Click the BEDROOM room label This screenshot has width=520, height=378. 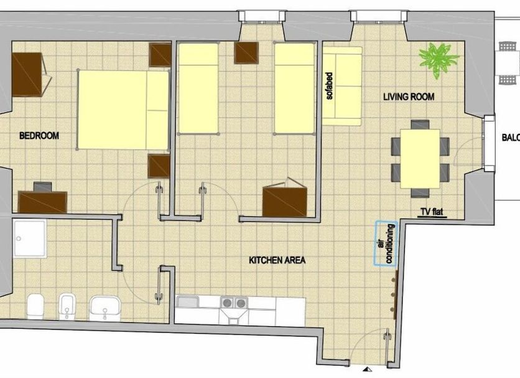(39, 136)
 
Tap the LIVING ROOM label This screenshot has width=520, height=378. (409, 97)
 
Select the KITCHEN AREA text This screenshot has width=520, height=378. (277, 260)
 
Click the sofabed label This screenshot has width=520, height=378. (329, 86)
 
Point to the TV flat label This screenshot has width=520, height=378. (432, 212)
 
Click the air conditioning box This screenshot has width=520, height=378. (386, 243)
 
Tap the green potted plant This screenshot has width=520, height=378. (439, 59)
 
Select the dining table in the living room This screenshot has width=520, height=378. (420, 159)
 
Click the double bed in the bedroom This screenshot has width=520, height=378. (123, 110)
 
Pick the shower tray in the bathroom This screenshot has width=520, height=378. (30, 239)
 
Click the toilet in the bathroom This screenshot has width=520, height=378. (35, 306)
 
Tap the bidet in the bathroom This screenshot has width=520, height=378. (67, 306)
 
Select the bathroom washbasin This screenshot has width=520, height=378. (104, 309)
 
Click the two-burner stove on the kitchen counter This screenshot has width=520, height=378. (234, 303)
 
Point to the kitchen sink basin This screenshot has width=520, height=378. (187, 302)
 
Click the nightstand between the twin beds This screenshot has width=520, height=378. (246, 53)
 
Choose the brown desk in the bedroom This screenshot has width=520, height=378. (42, 202)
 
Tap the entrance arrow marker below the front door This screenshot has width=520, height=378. (367, 369)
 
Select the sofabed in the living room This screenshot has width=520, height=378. (342, 87)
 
